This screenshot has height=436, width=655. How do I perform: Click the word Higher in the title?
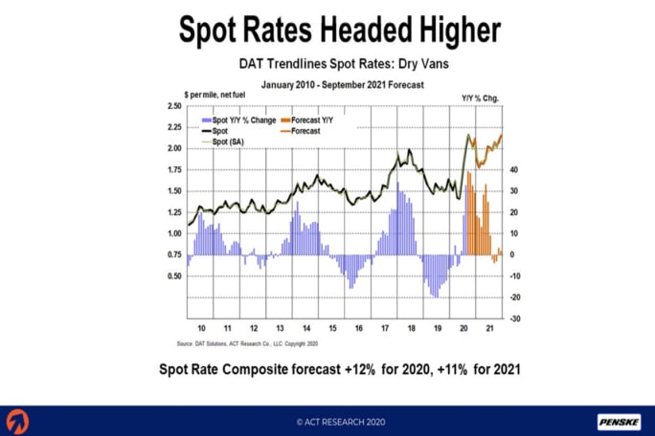pos(445,31)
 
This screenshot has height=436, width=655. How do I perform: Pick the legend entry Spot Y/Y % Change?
pos(238,121)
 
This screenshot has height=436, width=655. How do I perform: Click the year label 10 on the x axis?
pos(200,327)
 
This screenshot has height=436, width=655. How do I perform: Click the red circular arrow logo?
pos(17,421)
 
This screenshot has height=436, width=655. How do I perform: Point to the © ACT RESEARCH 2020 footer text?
pos(327,421)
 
